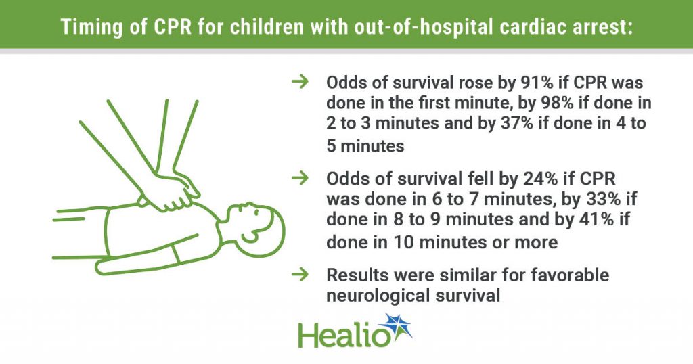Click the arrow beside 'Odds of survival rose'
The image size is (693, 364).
pos(300,82)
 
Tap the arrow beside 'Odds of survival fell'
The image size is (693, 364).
pos(300,178)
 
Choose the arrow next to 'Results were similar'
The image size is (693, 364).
pos(300,274)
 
